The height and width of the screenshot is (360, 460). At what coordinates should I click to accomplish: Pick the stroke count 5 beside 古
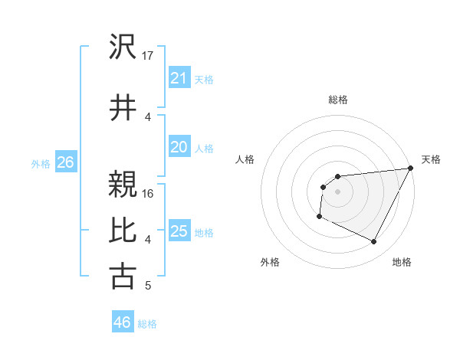click(x=147, y=286)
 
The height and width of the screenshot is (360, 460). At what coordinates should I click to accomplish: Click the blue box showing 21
click(x=179, y=77)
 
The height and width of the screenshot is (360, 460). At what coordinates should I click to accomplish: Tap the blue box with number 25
click(x=179, y=231)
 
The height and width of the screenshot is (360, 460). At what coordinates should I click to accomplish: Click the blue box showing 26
click(x=65, y=162)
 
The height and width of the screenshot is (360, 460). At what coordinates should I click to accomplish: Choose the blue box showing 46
click(x=123, y=322)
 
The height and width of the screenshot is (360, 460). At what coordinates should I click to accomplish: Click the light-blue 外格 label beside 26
click(x=41, y=163)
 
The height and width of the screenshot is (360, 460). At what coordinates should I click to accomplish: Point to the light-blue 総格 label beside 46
click(x=148, y=323)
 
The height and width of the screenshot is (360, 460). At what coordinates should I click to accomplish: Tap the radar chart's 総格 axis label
click(x=337, y=100)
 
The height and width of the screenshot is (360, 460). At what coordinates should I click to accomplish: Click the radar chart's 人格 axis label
click(x=245, y=159)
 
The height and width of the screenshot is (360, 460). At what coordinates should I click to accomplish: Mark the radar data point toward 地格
click(x=374, y=242)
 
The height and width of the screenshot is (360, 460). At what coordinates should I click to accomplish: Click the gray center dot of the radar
click(x=337, y=191)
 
